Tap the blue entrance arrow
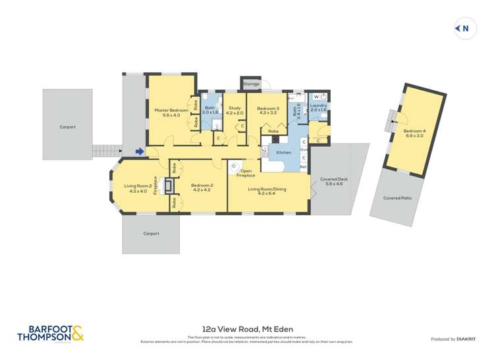click(x=140, y=152)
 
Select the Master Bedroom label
click(x=171, y=111)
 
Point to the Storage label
click(x=251, y=84)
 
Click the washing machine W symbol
click(x=316, y=97)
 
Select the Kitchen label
click(x=283, y=152)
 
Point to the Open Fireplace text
click(x=246, y=174)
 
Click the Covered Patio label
click(x=397, y=197)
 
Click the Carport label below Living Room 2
click(x=151, y=233)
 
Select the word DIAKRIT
click(x=467, y=339)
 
